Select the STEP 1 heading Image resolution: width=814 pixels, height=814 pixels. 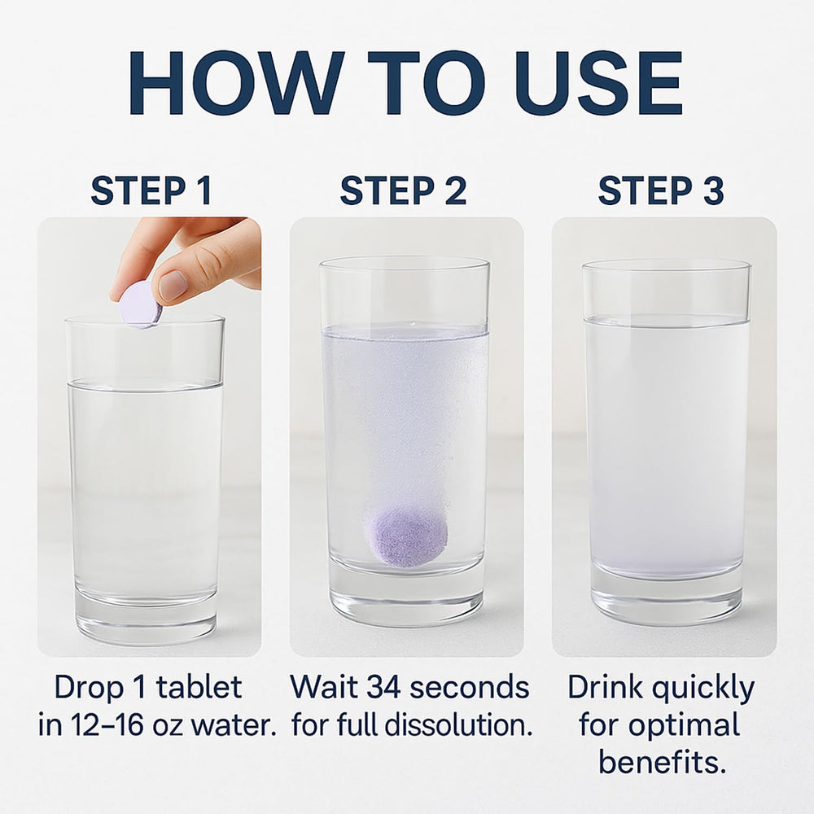(x=151, y=190)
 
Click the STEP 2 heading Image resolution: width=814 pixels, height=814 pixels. (x=404, y=190)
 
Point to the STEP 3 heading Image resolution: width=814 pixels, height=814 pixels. (x=660, y=190)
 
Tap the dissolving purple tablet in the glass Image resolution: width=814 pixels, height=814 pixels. (x=405, y=536)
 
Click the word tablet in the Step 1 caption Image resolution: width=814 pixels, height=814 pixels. (x=199, y=688)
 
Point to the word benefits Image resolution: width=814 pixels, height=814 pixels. (x=661, y=761)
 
